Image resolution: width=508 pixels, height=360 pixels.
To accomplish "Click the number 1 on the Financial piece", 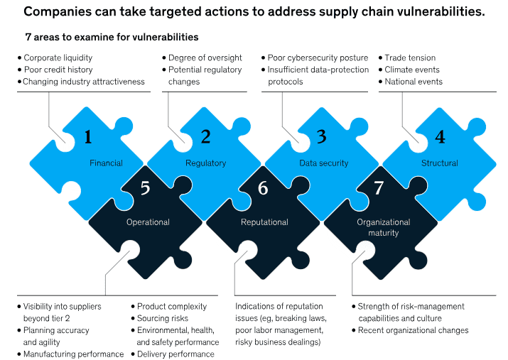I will [x=89, y=137].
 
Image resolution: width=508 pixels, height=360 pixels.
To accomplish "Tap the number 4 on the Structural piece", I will [x=440, y=137].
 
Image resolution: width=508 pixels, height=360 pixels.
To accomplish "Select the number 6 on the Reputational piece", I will [x=263, y=188].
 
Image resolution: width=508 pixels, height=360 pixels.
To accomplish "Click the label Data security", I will [x=324, y=163].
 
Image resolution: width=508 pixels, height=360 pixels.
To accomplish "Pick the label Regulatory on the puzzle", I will [x=205, y=163].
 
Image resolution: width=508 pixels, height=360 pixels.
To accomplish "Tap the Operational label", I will [x=148, y=222].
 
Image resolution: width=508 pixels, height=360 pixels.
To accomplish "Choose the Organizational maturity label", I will [x=384, y=227].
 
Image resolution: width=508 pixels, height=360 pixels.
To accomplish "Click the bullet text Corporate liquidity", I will [x=58, y=58].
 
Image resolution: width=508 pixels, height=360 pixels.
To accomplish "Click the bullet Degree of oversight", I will [x=205, y=58].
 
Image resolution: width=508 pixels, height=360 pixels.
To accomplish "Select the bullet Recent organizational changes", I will [x=413, y=330].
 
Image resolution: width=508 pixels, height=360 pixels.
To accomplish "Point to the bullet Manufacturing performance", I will [x=73, y=354].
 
